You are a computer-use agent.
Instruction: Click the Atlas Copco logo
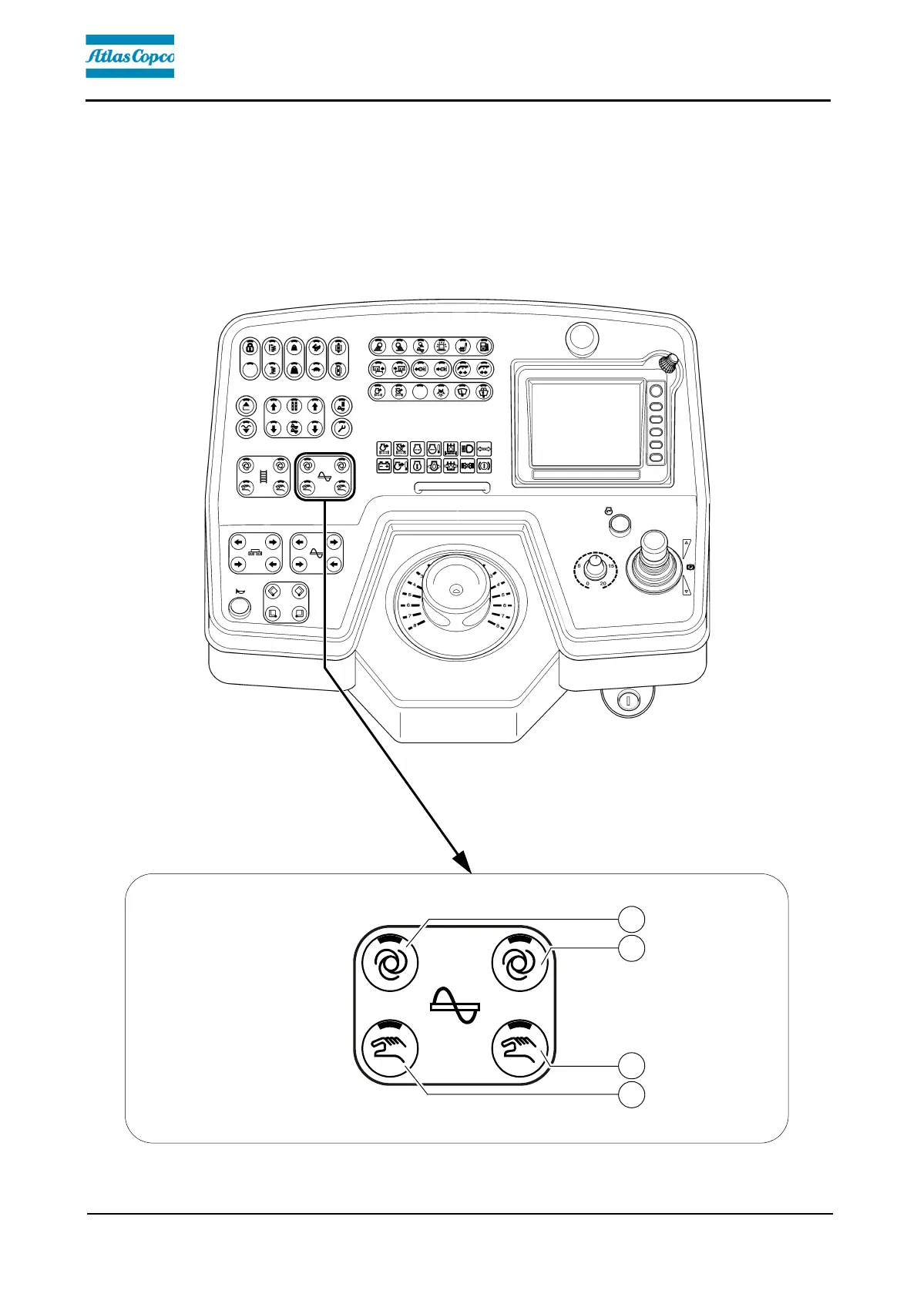tap(129, 56)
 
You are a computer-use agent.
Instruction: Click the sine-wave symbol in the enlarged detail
tap(455, 1006)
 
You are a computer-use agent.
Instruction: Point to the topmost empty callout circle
tap(633, 919)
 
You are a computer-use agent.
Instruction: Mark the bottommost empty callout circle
tap(633, 1095)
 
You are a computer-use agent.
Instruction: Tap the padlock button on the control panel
tap(250, 347)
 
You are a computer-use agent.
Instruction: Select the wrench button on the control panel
tap(341, 428)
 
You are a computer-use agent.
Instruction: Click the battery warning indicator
tap(384, 465)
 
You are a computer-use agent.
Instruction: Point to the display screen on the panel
tap(586, 424)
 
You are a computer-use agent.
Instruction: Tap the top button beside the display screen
tap(656, 392)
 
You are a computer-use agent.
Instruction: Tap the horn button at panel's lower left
tap(240, 607)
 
